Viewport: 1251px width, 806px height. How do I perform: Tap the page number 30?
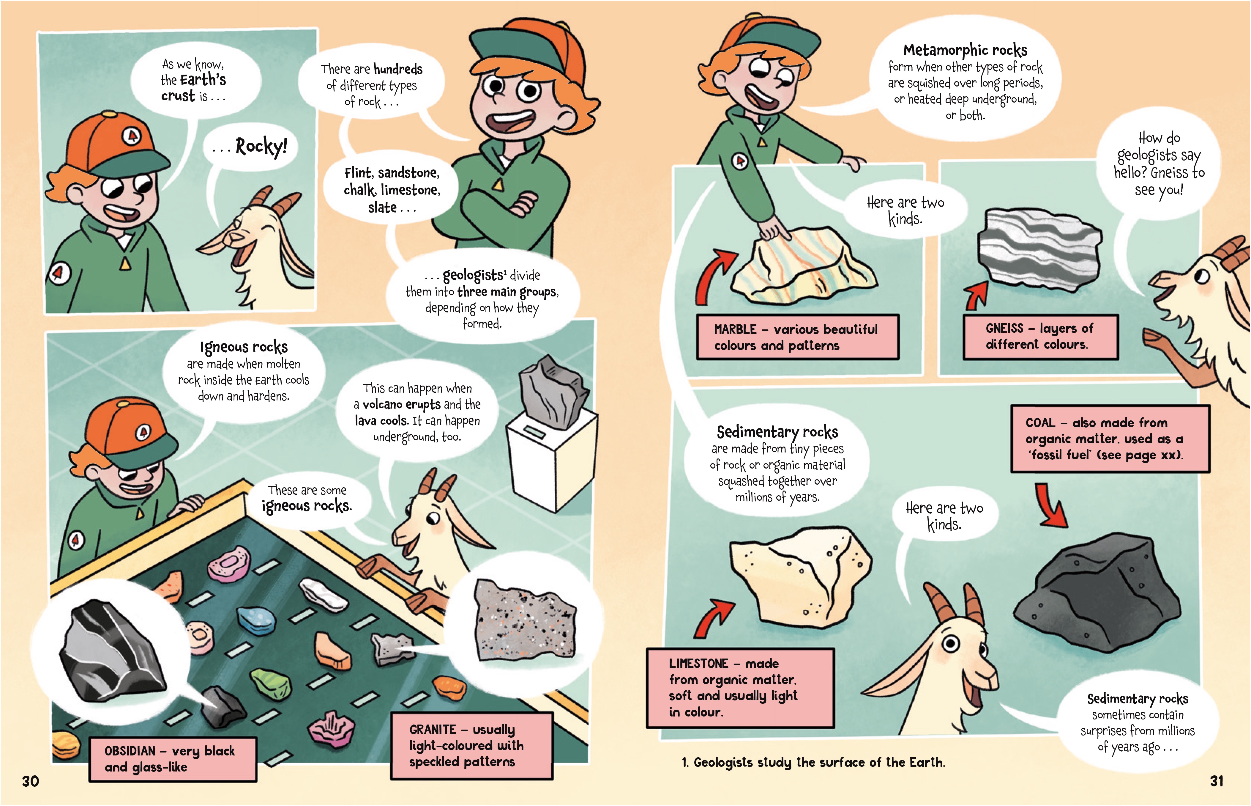coord(30,781)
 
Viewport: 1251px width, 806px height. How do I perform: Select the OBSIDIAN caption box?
coord(173,759)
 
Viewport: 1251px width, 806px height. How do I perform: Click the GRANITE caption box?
coord(472,745)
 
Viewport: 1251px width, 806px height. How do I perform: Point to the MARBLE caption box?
coord(798,337)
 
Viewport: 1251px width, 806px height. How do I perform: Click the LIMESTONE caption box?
coord(740,688)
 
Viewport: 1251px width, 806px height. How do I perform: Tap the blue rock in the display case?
coord(256,619)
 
